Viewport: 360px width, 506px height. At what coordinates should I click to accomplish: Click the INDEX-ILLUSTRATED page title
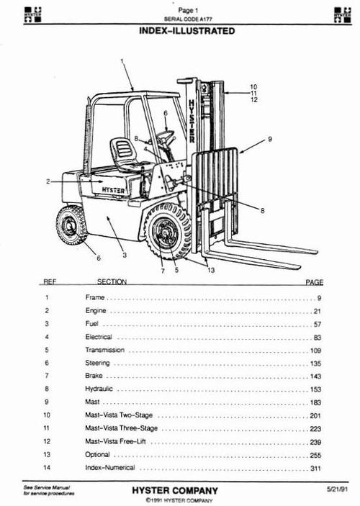click(185, 32)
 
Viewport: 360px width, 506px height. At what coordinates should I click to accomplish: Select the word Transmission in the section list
click(104, 350)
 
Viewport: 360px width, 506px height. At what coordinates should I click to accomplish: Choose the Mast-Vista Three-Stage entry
click(120, 428)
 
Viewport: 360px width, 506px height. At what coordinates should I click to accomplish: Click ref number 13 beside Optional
click(47, 455)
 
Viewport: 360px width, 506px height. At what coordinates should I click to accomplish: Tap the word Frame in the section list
click(95, 297)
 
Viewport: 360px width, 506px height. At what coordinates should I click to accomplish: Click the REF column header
click(49, 282)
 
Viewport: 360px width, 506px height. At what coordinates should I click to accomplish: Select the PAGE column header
click(315, 282)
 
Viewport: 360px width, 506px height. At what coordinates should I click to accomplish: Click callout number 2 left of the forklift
click(48, 182)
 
